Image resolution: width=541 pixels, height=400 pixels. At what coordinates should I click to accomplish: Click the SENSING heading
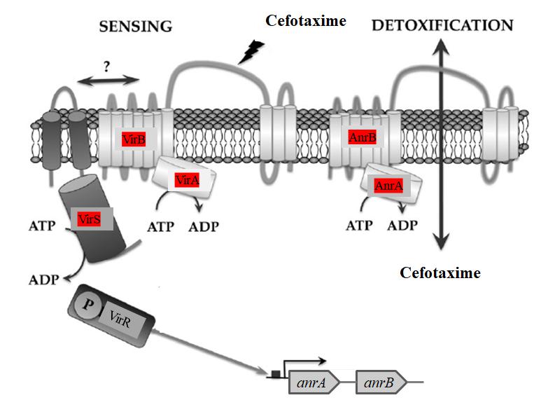coord(136,27)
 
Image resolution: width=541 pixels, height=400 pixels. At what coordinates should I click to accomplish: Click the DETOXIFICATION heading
coord(442,25)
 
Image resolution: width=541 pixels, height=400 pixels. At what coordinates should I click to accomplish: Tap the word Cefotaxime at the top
coord(306,21)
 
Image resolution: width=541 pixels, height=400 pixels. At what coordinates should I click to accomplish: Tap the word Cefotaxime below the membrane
coord(440,273)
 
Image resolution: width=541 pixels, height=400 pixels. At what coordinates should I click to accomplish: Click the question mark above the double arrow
coord(107,67)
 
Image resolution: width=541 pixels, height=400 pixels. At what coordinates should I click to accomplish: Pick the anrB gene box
coord(378,383)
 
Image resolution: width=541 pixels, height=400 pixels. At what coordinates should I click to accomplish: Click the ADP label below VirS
coord(43,280)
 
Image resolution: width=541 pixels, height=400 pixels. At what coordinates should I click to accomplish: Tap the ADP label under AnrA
coord(402,226)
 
